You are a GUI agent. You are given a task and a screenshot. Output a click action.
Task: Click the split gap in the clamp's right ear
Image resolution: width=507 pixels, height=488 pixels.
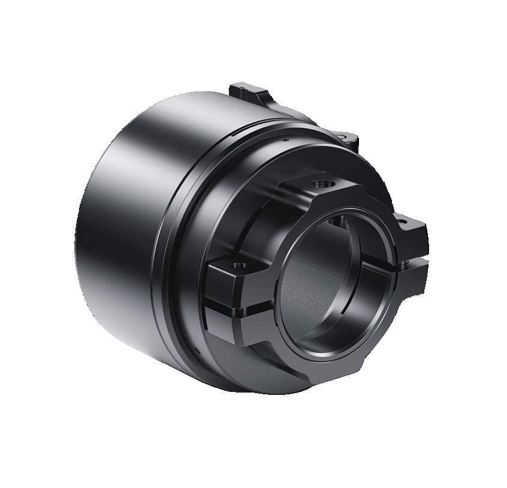click(414, 257)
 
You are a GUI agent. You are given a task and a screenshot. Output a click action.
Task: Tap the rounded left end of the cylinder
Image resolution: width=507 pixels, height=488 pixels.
click(84, 228)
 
